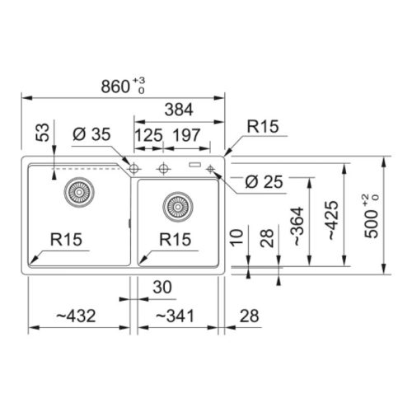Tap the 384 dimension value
(x=179, y=110)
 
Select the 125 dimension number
(x=148, y=135)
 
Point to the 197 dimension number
(x=186, y=135)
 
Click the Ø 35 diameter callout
(x=91, y=134)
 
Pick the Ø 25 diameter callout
(x=264, y=182)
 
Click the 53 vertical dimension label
(x=43, y=133)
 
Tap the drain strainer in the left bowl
(x=79, y=192)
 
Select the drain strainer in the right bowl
(x=178, y=207)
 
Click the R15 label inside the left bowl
(x=66, y=239)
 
